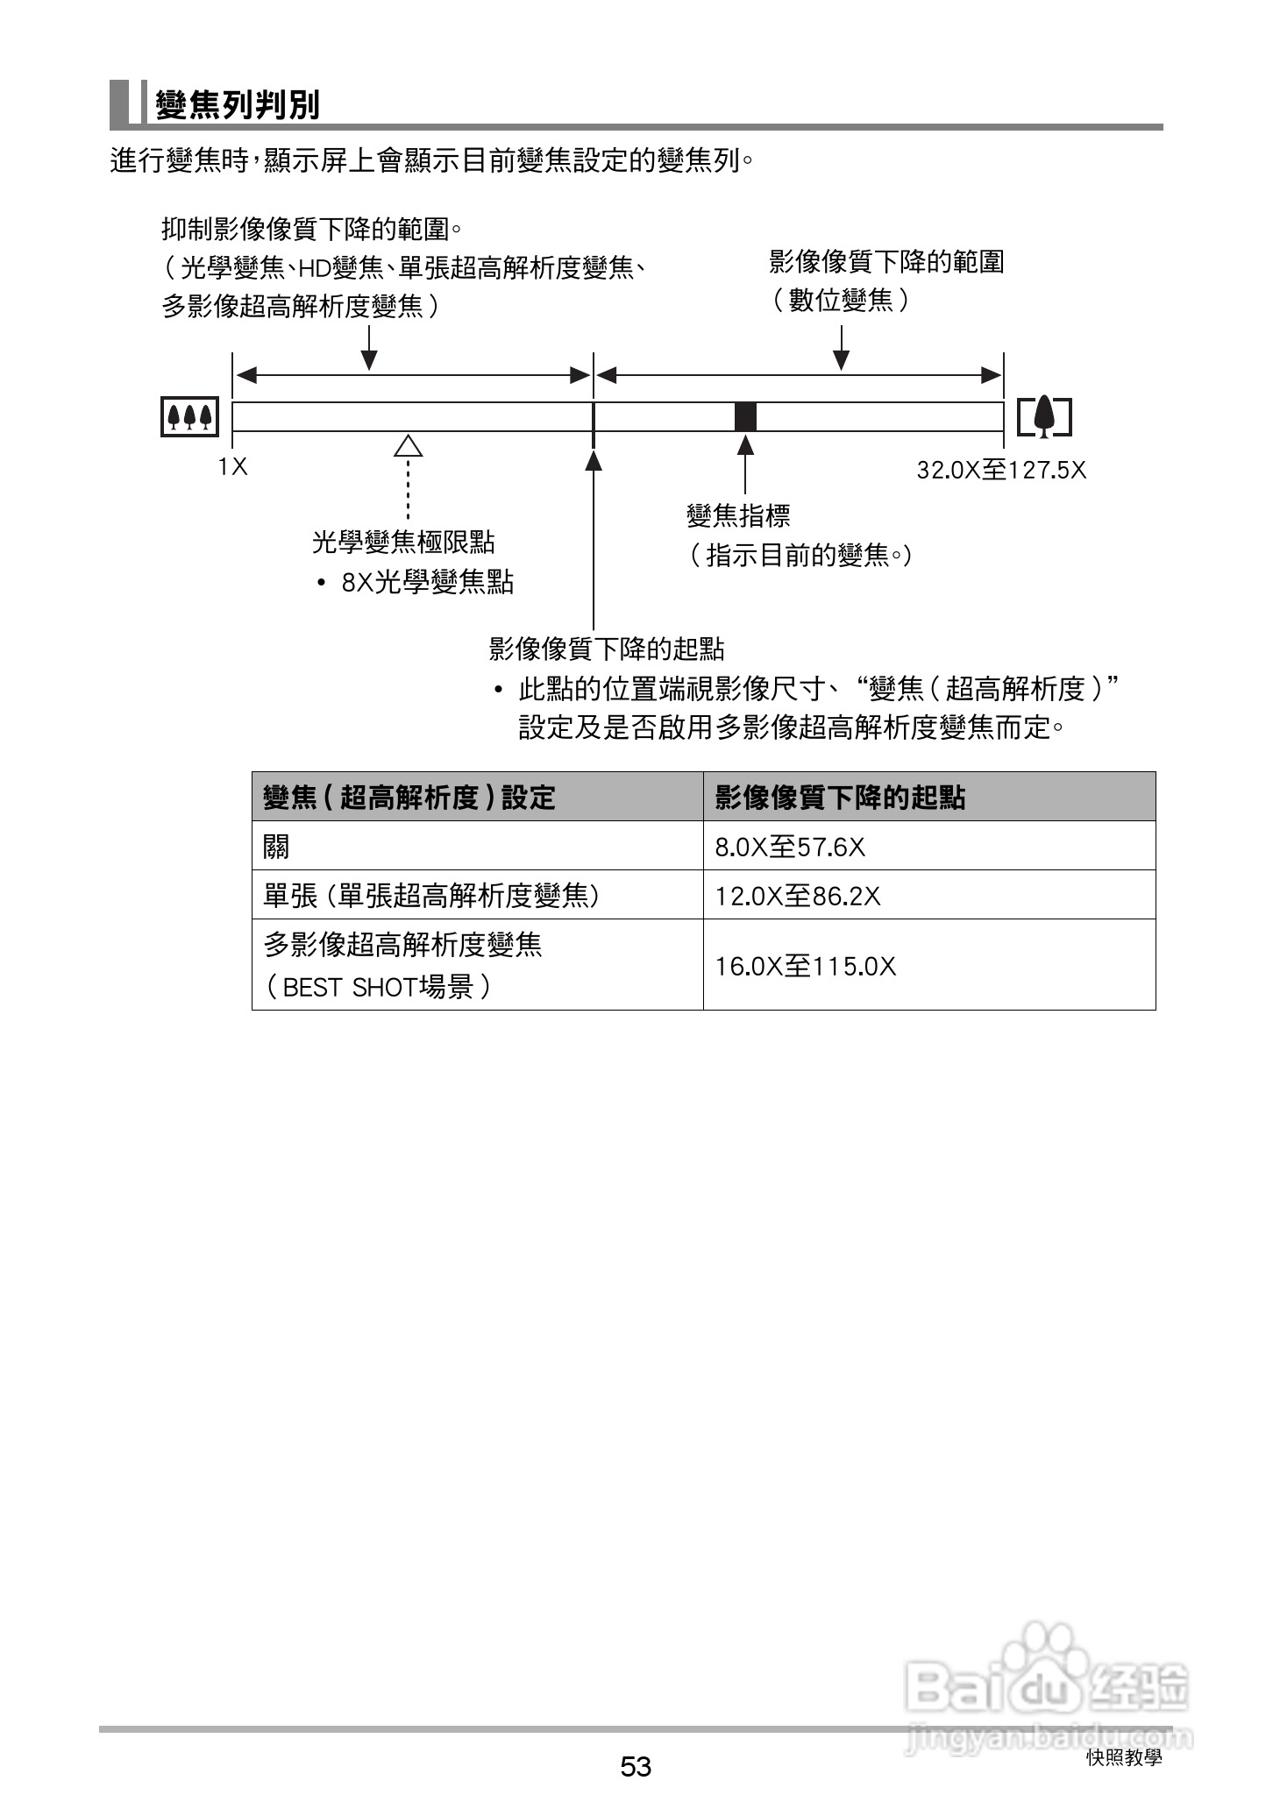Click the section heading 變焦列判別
pos(238,105)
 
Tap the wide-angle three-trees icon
pos(190,416)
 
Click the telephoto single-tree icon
pos(1044,416)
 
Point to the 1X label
pos(233,467)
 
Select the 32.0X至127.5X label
pos(1001,471)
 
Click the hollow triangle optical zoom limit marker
pos(408,446)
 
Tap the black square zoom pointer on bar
pos(745,416)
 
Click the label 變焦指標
pos(738,515)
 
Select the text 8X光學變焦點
pos(427,582)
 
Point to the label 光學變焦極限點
pos(403,543)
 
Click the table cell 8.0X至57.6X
pos(790,847)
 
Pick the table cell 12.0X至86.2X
pos(798,896)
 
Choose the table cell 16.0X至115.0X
pos(806,966)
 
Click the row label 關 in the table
pos(276,847)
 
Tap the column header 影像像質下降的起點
pos(840,798)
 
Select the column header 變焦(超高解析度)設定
pos(409,798)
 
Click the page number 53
pos(636,1766)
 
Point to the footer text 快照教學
pos(1124,1757)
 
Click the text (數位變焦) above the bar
pos(841,301)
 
